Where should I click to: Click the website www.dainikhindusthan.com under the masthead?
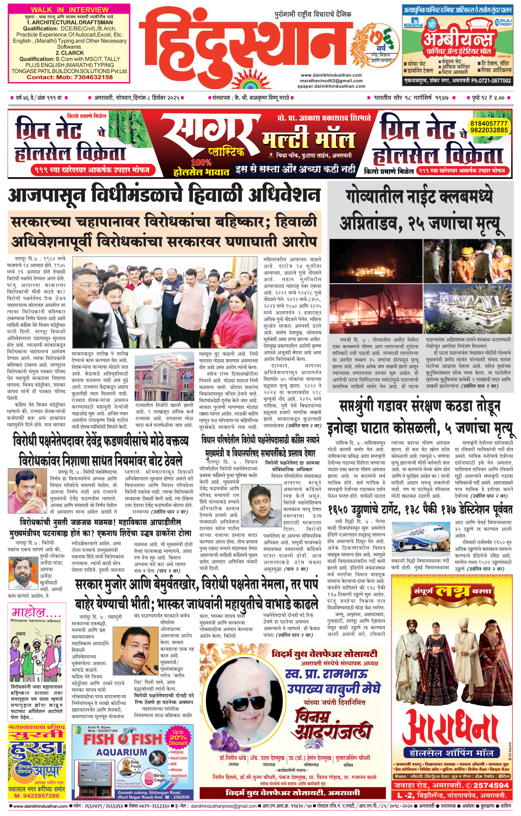[x=331, y=75]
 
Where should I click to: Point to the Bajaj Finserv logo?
[x=503, y=23]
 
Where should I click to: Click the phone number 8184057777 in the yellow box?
[x=489, y=124]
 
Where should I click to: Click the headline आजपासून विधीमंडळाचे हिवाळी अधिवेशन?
[x=164, y=196]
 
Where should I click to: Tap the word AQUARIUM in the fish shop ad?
[x=122, y=752]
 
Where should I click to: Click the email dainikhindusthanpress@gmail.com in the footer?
[x=223, y=806]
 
